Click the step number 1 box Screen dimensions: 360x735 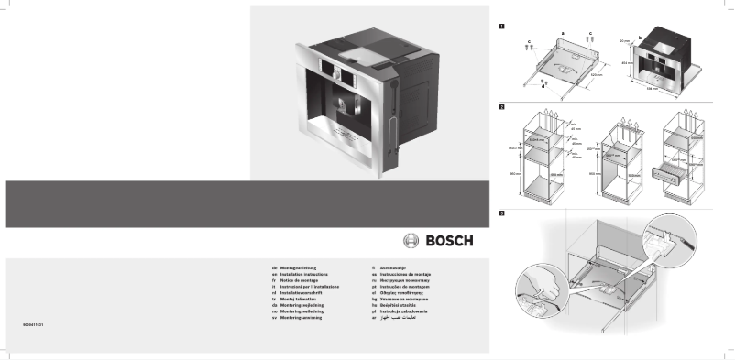[500, 25]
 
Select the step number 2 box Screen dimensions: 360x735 [500, 108]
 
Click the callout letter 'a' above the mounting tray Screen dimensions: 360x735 [562, 31]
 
